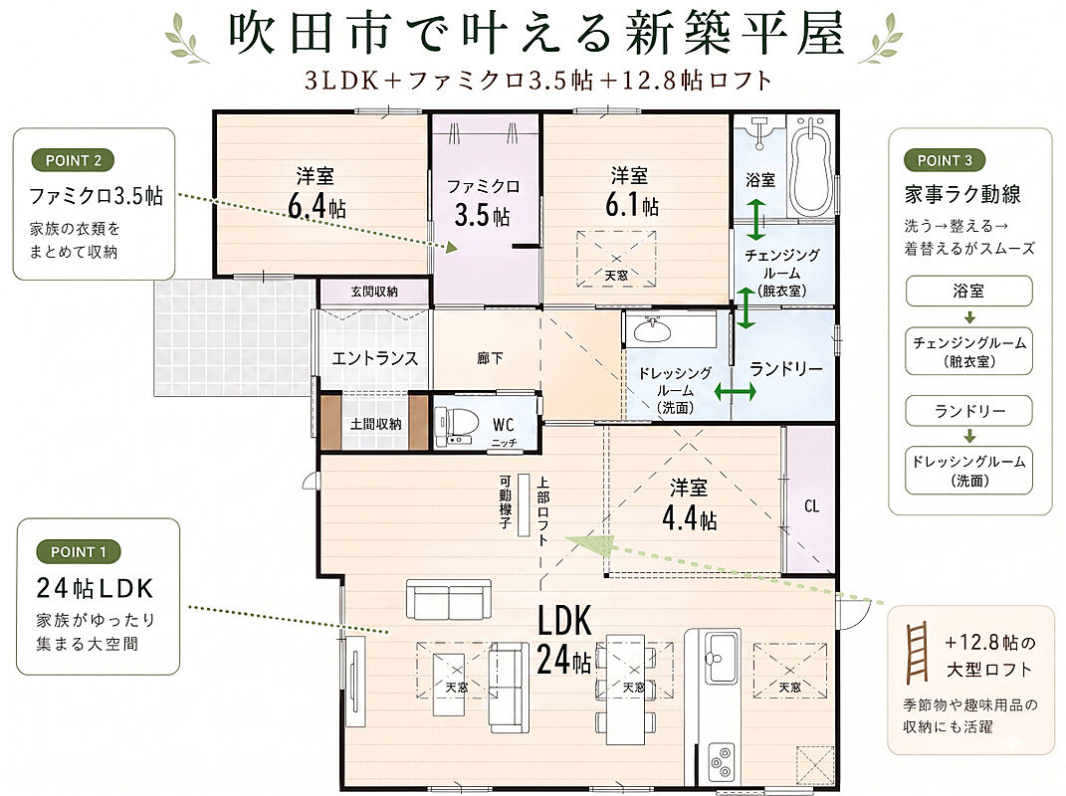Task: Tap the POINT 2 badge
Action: [73, 160]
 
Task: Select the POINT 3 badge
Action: [945, 160]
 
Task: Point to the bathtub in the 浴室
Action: [809, 167]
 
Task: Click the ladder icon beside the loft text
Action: [917, 653]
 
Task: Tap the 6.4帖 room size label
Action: [317, 207]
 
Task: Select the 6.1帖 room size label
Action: [632, 205]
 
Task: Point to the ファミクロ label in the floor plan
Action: [484, 186]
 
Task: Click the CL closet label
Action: [811, 505]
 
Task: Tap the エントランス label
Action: [374, 357]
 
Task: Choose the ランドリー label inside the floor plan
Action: [786, 368]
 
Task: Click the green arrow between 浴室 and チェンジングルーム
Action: [755, 219]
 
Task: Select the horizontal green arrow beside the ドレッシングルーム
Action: [735, 392]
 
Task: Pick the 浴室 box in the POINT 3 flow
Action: [968, 291]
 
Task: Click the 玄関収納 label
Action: [374, 292]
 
